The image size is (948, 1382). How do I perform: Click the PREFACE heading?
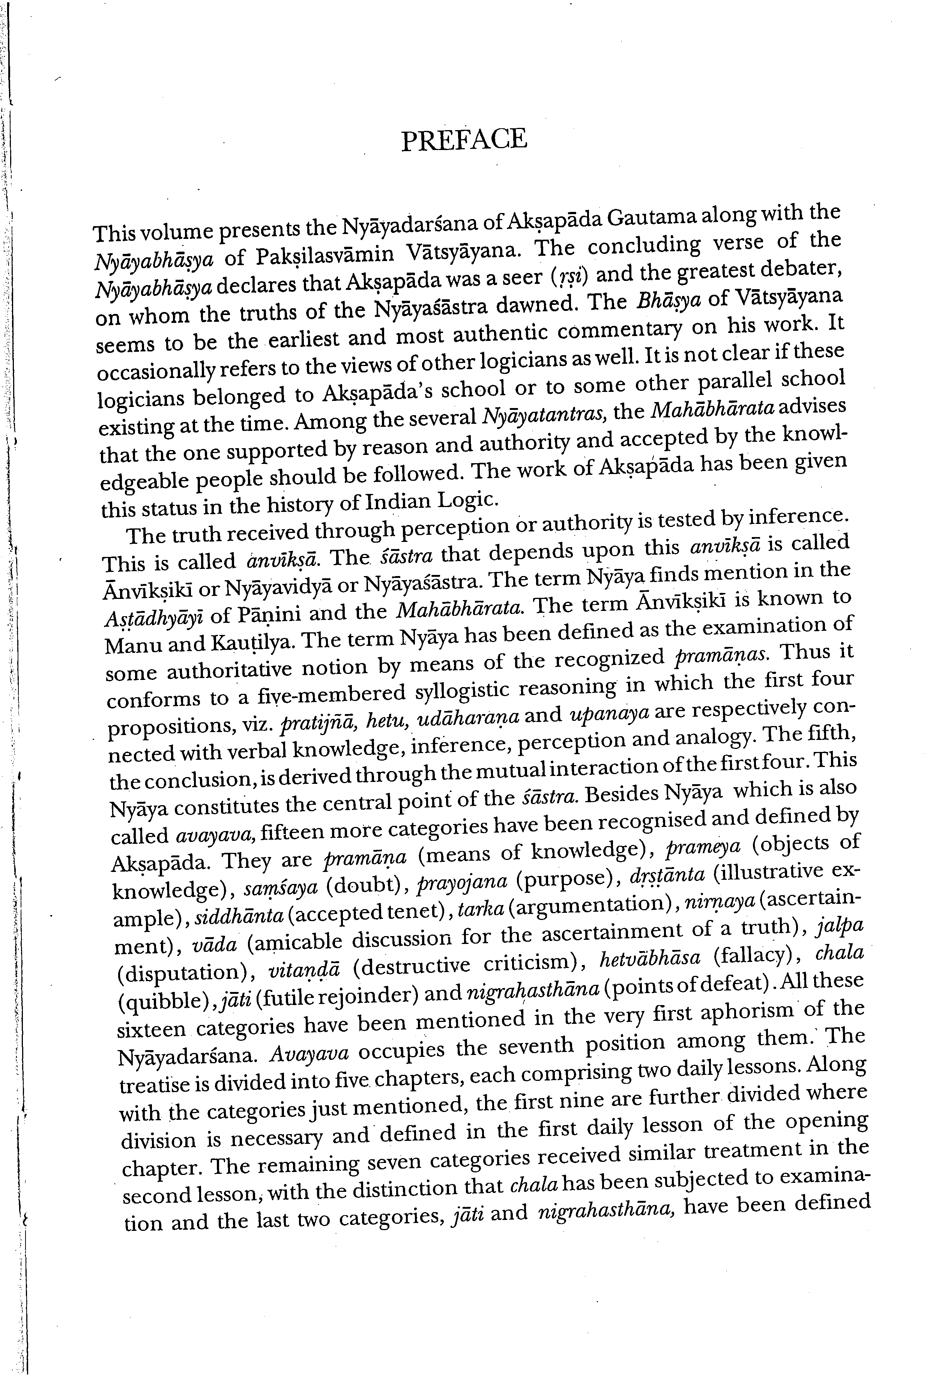click(464, 140)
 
